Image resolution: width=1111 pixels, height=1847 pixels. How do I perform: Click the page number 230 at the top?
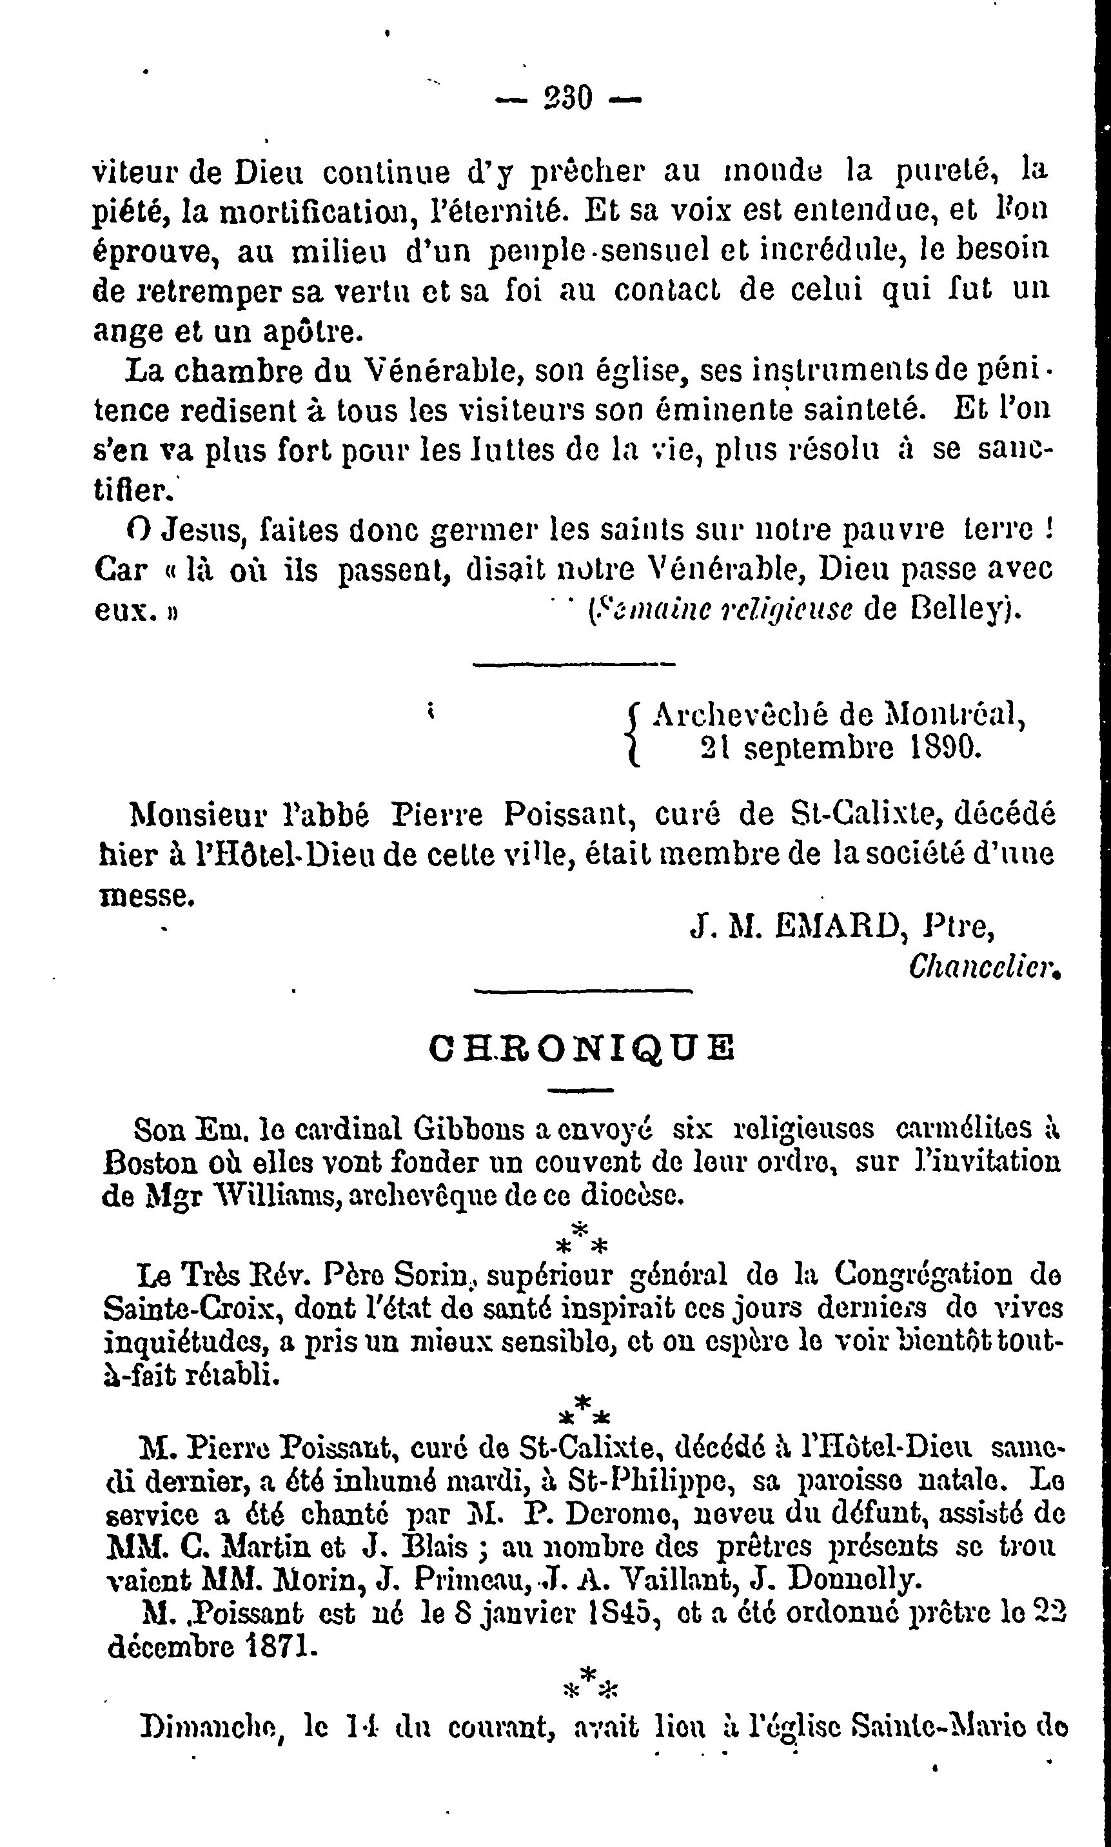point(568,97)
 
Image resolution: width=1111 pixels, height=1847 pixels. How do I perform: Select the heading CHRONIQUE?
point(582,1048)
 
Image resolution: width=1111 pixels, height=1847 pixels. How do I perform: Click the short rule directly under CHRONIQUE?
point(581,1090)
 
